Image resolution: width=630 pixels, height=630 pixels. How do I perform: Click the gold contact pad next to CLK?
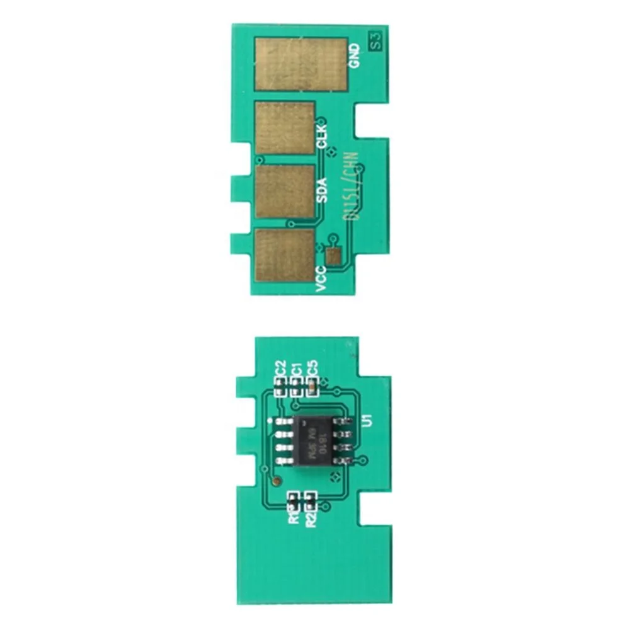click(285, 128)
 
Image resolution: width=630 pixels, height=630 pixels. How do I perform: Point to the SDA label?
click(322, 190)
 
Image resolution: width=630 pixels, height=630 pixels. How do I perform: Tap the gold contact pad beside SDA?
click(285, 191)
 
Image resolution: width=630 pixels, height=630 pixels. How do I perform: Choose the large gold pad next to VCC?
click(285, 255)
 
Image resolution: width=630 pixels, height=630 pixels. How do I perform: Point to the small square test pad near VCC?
click(333, 255)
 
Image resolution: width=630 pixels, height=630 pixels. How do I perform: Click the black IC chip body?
click(313, 441)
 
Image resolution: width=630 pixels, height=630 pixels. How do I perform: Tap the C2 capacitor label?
click(281, 367)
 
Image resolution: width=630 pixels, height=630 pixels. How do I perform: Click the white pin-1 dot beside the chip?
click(271, 420)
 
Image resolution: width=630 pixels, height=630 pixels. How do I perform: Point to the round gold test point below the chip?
click(276, 481)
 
